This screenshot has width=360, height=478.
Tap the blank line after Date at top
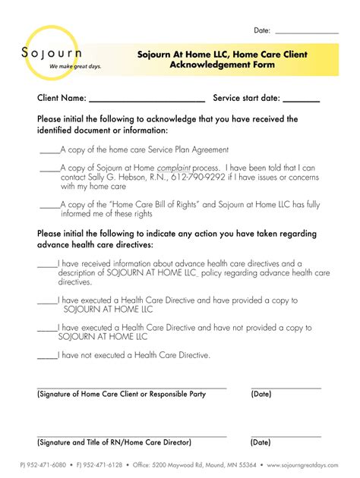pyautogui.click(x=306, y=33)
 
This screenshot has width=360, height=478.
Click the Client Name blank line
pyautogui.click(x=147, y=100)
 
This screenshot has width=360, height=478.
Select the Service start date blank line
pyautogui.click(x=302, y=100)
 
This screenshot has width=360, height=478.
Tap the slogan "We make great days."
pyautogui.click(x=75, y=67)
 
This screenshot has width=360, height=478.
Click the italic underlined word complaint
pyautogui.click(x=173, y=168)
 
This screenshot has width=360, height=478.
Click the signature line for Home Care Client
pyautogui.click(x=131, y=388)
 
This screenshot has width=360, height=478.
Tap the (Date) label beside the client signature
pyautogui.click(x=261, y=395)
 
